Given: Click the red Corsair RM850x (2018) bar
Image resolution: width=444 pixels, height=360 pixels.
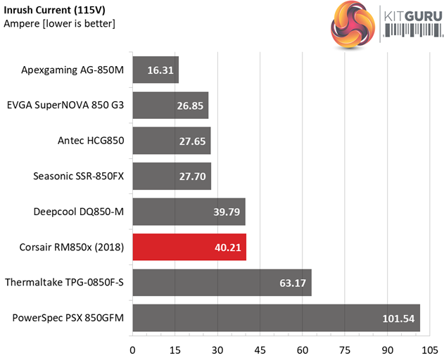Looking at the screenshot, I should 189,247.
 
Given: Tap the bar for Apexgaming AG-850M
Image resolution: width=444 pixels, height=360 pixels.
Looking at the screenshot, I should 156,70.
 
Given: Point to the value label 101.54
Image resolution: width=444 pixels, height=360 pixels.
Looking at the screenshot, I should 398,319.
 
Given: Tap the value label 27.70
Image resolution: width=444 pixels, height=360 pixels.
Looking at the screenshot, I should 193,176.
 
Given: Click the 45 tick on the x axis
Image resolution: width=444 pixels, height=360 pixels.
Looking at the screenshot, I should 260,349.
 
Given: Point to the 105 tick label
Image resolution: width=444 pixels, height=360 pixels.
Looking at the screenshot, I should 430,349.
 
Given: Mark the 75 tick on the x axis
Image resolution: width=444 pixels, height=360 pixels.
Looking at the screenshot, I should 345,349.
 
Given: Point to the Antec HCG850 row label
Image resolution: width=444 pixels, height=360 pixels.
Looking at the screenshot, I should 91,141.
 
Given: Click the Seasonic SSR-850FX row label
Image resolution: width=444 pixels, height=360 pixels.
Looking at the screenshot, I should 79,176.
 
